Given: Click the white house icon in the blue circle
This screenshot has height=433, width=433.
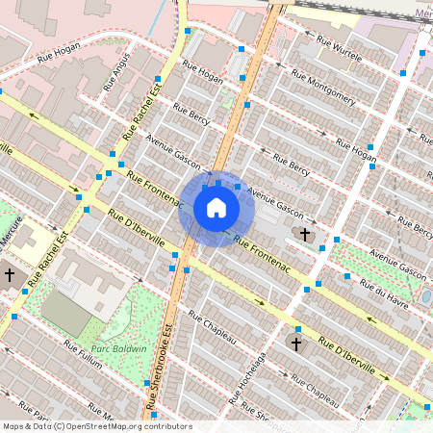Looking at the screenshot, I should [216, 208].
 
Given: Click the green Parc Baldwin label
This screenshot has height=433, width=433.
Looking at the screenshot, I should [120, 348].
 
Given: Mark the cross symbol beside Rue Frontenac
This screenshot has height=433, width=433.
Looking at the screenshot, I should [306, 234].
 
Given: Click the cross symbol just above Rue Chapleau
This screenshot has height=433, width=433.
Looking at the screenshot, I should [296, 343].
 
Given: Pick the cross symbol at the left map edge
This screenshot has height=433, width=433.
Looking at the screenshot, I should [10, 275].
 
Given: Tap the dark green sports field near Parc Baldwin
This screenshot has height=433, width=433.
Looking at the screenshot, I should [65, 313].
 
